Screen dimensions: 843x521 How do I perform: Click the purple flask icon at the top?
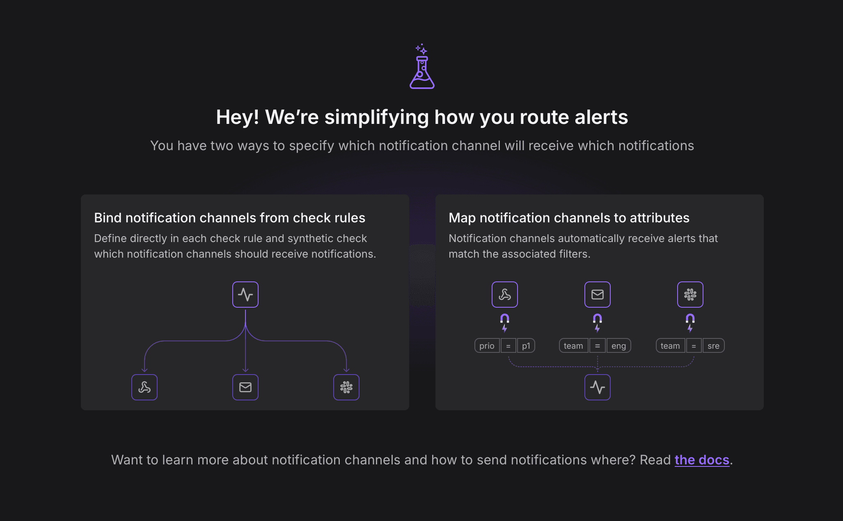(422, 67)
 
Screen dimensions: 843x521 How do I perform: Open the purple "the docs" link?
(702, 460)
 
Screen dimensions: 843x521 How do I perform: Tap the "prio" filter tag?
(487, 346)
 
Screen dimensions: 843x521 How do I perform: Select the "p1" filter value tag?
(526, 346)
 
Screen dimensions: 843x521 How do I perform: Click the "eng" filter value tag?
(619, 346)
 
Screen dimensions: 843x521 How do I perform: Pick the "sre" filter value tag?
(714, 346)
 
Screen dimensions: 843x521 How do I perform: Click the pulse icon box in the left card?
(245, 295)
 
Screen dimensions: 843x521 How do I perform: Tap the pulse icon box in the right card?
(598, 387)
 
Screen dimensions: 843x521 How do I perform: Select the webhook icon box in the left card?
(144, 387)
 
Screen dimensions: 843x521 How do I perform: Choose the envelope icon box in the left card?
(245, 387)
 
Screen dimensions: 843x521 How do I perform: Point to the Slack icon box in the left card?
(346, 387)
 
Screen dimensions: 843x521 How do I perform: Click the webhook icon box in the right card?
(505, 295)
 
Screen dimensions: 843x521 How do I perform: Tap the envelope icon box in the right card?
(598, 295)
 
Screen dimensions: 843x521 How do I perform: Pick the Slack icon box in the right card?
(690, 295)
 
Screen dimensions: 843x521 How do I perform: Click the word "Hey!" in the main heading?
(238, 117)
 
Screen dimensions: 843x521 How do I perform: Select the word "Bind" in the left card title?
(108, 218)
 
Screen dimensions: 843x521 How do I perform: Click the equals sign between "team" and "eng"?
(598, 346)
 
